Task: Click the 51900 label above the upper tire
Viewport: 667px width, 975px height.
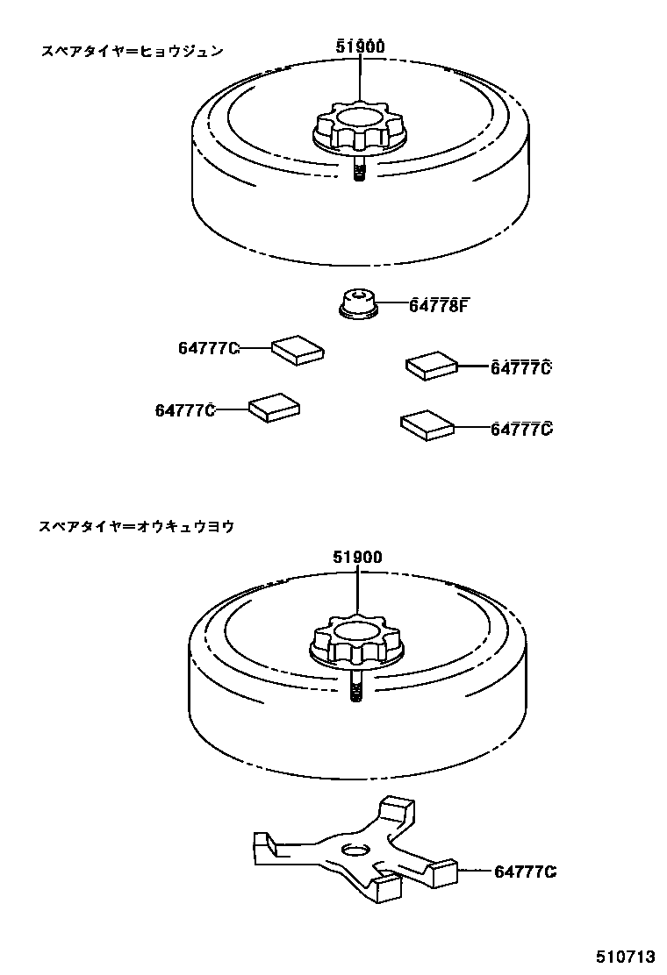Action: pos(360,47)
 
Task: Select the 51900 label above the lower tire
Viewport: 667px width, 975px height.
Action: pos(358,557)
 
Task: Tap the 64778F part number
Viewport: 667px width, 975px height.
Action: pos(440,305)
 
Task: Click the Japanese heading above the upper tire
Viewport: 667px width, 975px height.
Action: pos(133,51)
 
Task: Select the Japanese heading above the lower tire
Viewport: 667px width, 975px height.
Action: pos(137,527)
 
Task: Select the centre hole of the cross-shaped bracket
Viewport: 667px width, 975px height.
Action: pos(355,850)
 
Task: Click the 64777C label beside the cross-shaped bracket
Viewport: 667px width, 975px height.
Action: pos(526,872)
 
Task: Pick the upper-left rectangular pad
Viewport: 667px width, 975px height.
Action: pos(298,348)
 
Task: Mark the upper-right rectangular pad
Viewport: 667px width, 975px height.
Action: pos(432,364)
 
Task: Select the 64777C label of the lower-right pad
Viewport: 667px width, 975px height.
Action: pos(521,429)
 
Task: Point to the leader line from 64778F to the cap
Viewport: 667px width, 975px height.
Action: pos(393,305)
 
